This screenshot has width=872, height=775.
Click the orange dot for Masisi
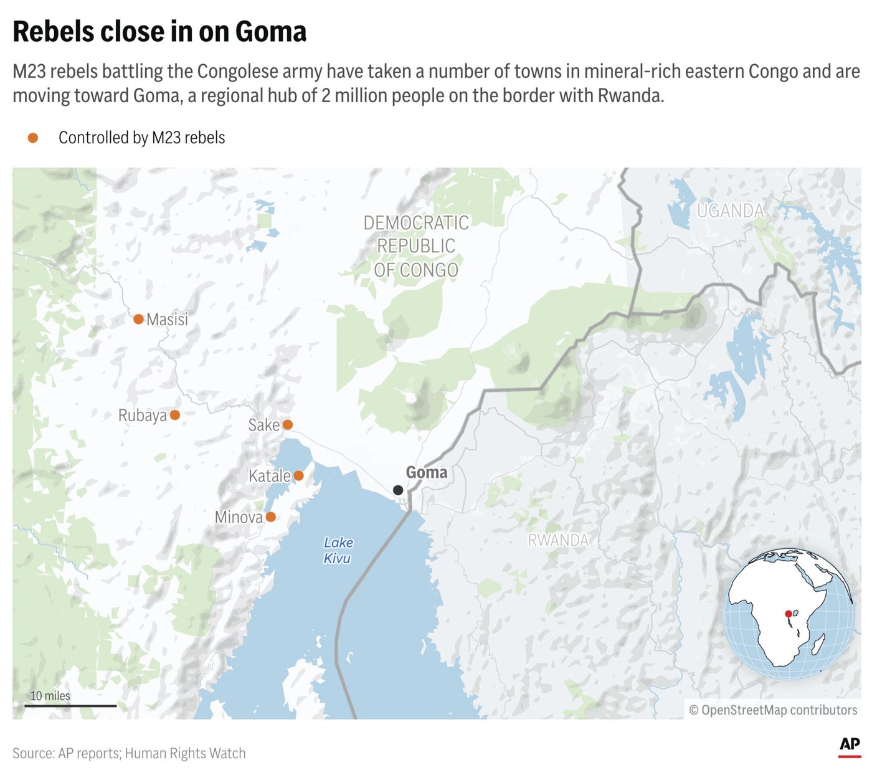point(138,319)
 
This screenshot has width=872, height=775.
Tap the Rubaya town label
point(143,416)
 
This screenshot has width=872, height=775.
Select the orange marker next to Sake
point(288,425)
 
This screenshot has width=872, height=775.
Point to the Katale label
point(270,476)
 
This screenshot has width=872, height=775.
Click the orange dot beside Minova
point(271,517)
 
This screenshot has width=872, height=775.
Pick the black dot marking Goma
point(398,490)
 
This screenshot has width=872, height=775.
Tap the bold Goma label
point(427,472)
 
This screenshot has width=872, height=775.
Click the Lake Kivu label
point(338,550)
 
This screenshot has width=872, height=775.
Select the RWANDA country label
point(558,540)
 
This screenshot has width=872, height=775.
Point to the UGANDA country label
point(730,211)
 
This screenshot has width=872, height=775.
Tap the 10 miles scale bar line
point(70,706)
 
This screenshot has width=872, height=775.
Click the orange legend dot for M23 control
point(33,138)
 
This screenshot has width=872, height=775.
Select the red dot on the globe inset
point(789,614)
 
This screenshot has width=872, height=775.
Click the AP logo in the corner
point(850,745)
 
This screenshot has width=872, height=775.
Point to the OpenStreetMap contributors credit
point(773,710)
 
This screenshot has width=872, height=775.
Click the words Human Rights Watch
point(185,753)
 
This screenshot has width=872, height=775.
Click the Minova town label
point(239,517)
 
